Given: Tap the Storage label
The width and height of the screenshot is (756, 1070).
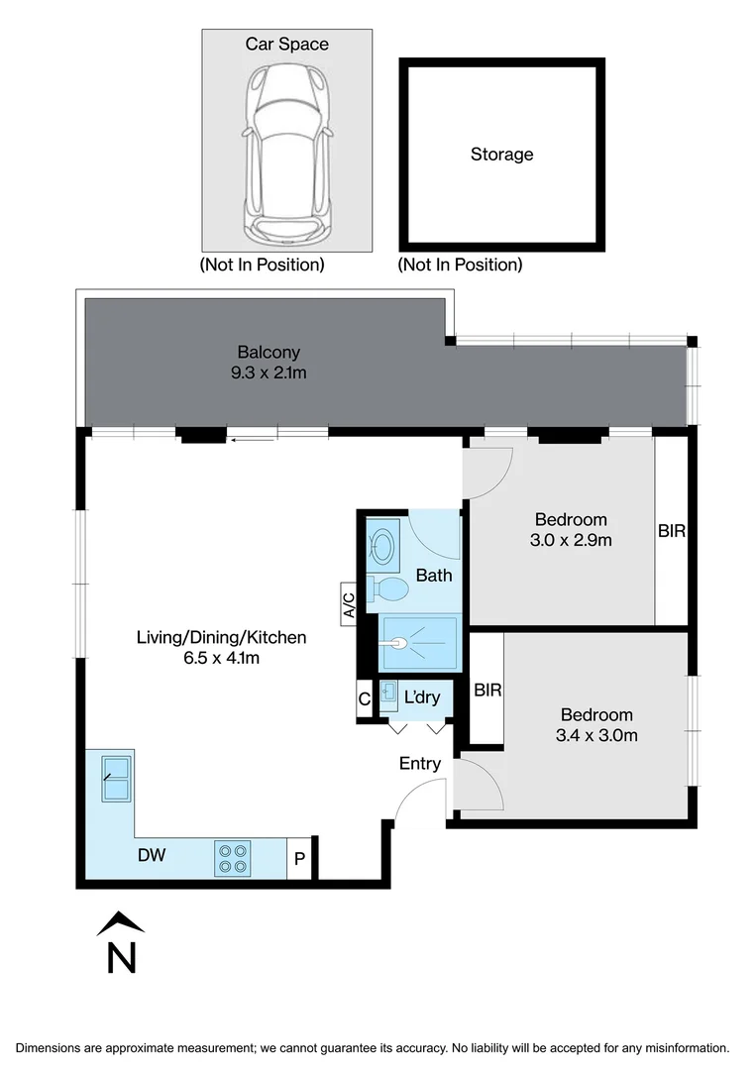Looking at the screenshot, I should click(501, 155).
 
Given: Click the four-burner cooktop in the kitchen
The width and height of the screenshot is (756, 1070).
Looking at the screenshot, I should click(233, 857).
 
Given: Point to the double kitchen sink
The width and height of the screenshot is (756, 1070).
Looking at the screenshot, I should click(117, 778).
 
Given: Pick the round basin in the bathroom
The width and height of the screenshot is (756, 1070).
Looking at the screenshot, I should click(383, 545).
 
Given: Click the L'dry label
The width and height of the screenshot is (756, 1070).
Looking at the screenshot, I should click(422, 697).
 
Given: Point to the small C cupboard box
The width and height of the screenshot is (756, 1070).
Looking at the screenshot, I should click(365, 699).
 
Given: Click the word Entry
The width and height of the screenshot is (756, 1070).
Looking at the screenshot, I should click(420, 764).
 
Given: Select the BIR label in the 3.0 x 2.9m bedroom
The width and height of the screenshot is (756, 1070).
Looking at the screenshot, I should click(672, 531).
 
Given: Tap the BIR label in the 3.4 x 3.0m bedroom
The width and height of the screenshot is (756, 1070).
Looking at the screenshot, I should click(487, 690).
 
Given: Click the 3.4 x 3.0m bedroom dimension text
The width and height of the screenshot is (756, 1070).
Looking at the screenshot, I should click(596, 735).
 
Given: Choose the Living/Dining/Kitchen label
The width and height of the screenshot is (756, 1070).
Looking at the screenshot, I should click(221, 637).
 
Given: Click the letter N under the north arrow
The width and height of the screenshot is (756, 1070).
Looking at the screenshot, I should click(121, 957).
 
